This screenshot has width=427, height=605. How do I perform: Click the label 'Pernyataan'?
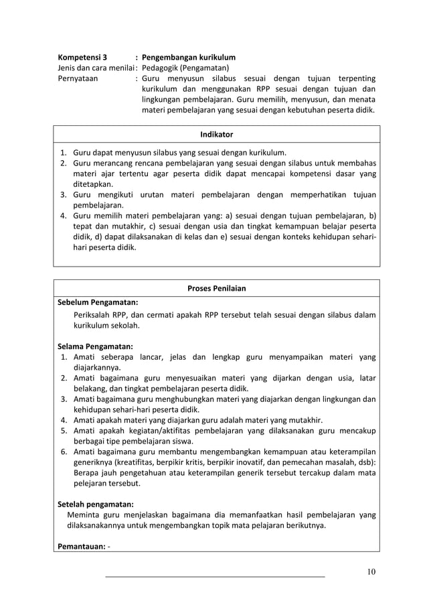click(x=78, y=78)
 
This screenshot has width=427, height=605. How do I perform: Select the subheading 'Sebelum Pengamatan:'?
click(x=98, y=302)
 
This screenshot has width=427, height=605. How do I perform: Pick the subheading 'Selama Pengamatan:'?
click(x=95, y=346)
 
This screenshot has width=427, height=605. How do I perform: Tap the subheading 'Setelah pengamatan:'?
click(x=95, y=503)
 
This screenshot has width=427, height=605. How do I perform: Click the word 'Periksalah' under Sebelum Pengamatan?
click(x=93, y=315)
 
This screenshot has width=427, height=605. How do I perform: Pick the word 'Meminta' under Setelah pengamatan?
click(x=84, y=515)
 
